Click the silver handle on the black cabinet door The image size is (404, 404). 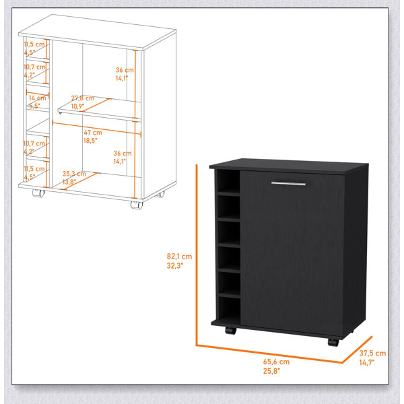tap(288, 183)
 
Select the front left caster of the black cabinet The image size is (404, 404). tap(230, 331)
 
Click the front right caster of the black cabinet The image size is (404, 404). tap(333, 343)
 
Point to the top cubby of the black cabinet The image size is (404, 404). tap(229, 182)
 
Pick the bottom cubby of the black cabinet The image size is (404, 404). tap(229, 309)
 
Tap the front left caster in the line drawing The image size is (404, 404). tap(38, 193)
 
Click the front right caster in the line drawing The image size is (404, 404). tap(137, 205)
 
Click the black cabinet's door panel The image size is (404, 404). tap(292, 253)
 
